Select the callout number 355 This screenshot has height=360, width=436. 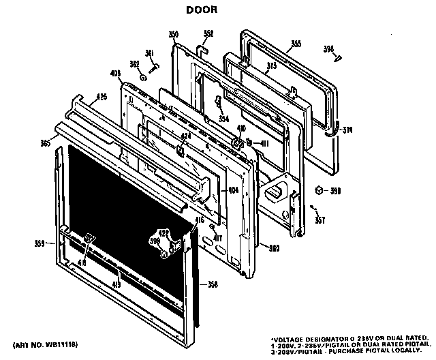tap(296, 44)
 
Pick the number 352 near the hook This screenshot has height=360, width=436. tap(208, 33)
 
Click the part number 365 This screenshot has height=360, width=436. tap(46, 143)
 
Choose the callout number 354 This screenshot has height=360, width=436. tap(223, 119)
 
